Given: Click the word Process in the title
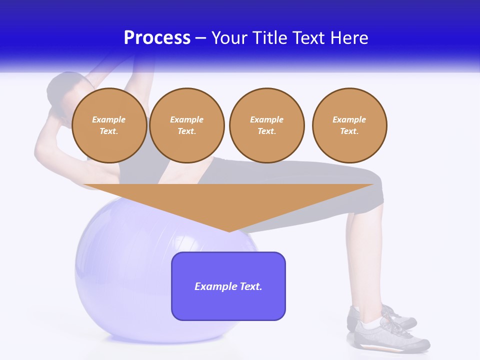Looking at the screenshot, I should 157,38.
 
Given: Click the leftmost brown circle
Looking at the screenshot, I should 109,125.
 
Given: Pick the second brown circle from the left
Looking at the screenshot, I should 186,125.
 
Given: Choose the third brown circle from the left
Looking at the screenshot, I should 266,125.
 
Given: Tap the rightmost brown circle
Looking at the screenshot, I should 349,125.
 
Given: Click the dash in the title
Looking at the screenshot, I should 200,38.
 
